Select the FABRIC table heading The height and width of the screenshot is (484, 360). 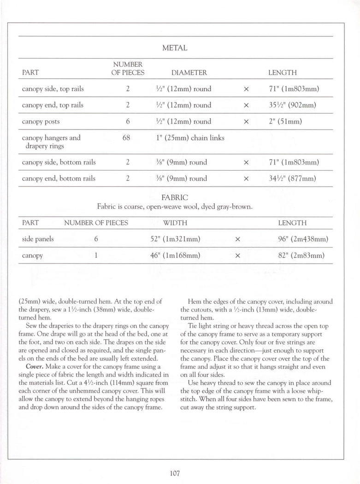[175, 197]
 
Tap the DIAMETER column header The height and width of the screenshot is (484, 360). [189, 73]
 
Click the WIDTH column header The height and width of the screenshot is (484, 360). [175, 223]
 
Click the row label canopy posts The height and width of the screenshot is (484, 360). [41, 122]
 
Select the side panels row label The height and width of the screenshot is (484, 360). [38, 239]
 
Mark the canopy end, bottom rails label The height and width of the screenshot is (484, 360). [59, 178]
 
